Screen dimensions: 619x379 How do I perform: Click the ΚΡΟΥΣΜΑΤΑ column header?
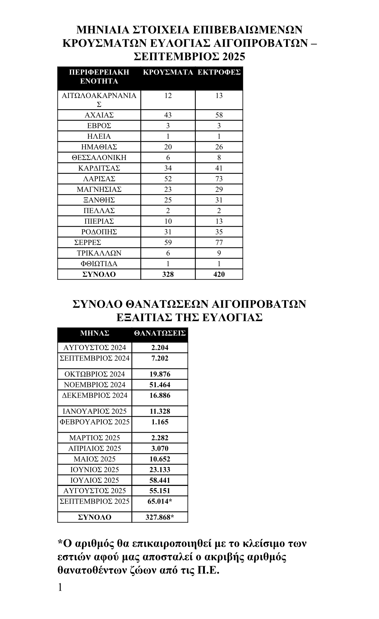[x=168, y=72]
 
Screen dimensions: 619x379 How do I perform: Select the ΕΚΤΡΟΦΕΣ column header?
[x=219, y=72]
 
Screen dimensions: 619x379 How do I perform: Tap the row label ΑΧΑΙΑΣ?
[x=99, y=115]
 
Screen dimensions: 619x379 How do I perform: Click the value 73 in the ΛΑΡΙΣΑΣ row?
[x=219, y=179]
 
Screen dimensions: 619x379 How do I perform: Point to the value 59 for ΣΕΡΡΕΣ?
[x=168, y=243]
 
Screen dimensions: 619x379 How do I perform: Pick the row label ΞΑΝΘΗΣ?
[x=99, y=200]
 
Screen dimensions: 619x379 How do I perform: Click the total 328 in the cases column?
[x=168, y=275]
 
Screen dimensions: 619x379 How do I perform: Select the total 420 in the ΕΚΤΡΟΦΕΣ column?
[x=219, y=275]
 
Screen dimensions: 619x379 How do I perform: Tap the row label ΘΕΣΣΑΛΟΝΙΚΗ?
[x=99, y=158]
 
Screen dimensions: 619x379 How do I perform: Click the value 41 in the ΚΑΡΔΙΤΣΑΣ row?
[x=219, y=168]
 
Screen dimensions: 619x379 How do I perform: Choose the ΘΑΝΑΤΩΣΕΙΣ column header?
[x=160, y=333]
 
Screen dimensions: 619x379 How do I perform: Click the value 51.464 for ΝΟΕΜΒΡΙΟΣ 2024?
[x=160, y=385]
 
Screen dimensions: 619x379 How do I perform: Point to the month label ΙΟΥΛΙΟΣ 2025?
[x=95, y=481]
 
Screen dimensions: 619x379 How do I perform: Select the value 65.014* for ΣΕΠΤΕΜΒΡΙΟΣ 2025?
[x=160, y=502]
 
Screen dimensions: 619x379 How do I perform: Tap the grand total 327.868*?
[x=160, y=517]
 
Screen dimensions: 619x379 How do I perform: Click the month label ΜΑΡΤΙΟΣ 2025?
[x=95, y=438]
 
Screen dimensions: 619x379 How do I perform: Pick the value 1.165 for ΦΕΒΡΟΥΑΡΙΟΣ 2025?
[x=160, y=422]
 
